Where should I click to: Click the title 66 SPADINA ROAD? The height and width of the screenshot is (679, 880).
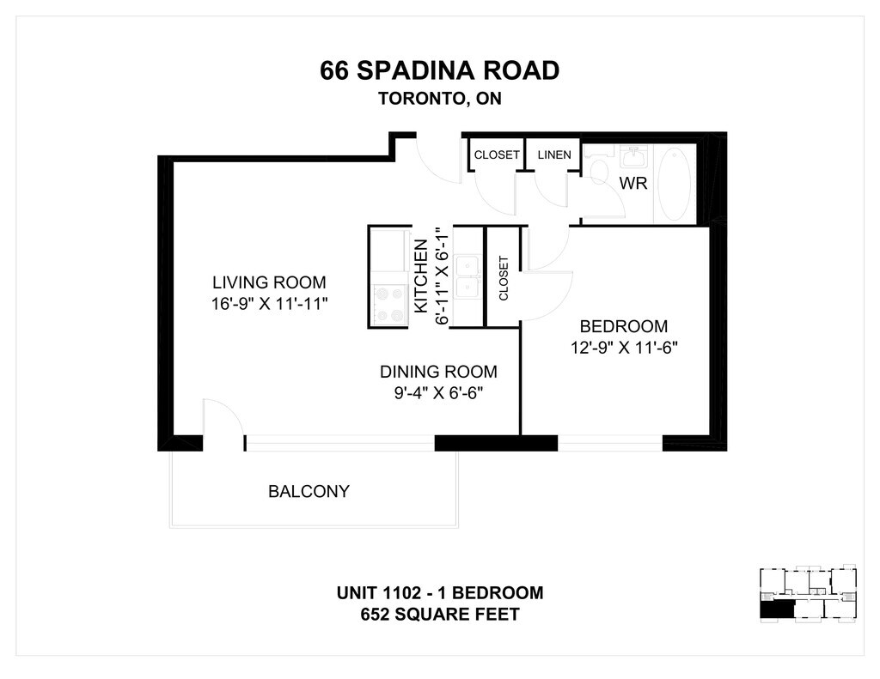click(x=439, y=70)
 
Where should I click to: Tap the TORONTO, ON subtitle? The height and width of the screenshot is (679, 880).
click(x=439, y=99)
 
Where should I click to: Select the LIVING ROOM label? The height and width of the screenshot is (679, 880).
click(x=269, y=282)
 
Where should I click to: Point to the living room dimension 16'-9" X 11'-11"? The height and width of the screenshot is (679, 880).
click(x=269, y=304)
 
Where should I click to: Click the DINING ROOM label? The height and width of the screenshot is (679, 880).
click(x=438, y=372)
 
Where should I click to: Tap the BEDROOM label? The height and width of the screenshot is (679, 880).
click(x=624, y=326)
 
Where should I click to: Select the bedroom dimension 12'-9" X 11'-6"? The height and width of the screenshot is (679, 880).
click(x=624, y=349)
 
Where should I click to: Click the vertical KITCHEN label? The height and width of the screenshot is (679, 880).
click(x=421, y=276)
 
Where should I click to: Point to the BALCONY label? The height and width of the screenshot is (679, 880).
click(x=309, y=492)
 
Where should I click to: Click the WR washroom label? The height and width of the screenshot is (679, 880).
click(x=633, y=184)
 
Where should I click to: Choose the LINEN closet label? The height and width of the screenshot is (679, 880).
click(x=554, y=155)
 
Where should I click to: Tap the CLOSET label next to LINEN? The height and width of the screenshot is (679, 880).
click(x=497, y=155)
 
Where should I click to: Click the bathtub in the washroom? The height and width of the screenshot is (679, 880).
click(x=675, y=184)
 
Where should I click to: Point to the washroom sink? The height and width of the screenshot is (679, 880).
click(x=634, y=156)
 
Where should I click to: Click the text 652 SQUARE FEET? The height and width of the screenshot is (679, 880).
click(x=439, y=615)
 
